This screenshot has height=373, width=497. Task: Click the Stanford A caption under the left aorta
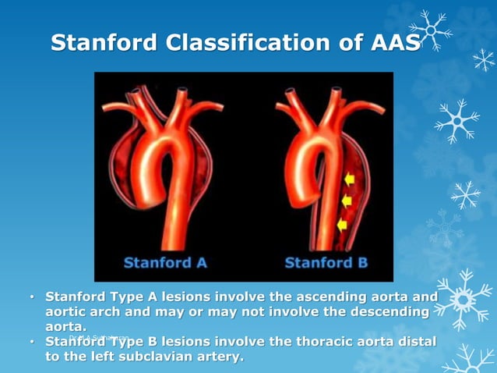pos(165,262)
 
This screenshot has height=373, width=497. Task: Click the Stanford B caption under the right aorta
pos(326,262)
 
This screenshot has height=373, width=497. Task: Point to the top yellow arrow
pos(348,179)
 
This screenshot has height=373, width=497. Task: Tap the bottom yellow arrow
pos(341,225)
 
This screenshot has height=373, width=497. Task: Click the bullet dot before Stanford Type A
pos(32,298)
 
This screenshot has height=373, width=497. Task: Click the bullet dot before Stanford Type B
pos(32,343)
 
